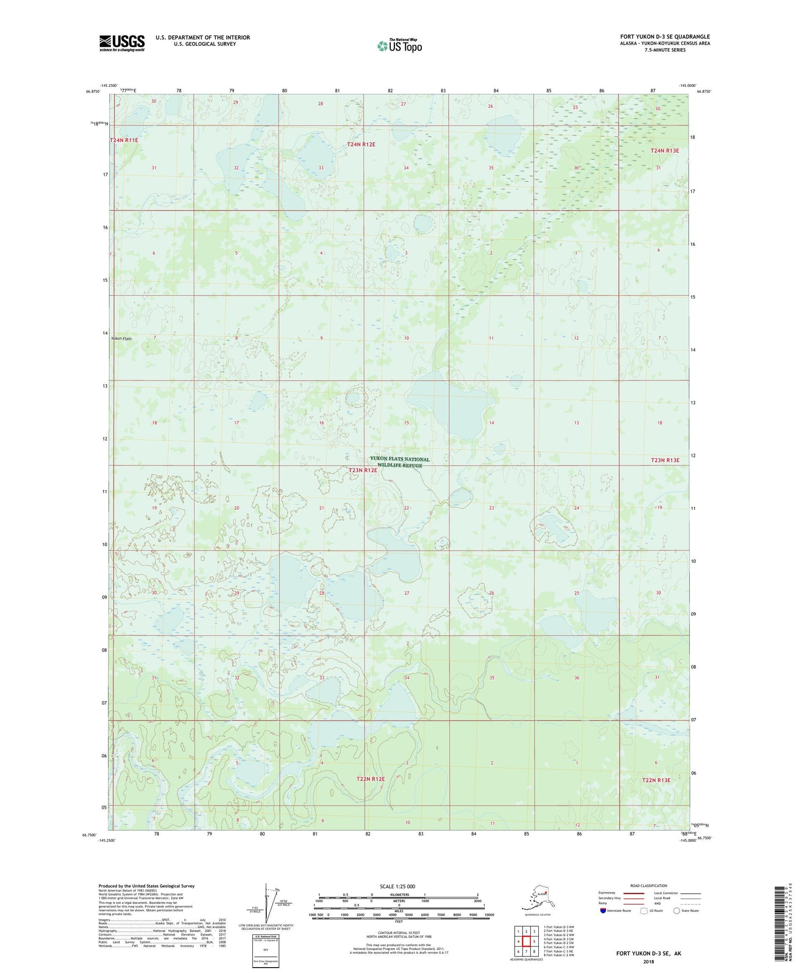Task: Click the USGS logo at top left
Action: pos(122,43)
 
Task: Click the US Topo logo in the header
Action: pos(399,46)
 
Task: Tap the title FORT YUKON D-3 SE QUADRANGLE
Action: pos(664,36)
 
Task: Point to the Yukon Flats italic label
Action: pos(121,339)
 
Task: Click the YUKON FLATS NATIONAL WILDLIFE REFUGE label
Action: pos(400,462)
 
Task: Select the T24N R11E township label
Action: pos(124,140)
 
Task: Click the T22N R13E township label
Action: pos(656,780)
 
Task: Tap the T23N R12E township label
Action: pos(363,470)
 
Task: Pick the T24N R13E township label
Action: pos(664,151)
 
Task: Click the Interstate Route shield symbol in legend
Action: pos(603,910)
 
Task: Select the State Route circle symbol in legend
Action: pos(677,910)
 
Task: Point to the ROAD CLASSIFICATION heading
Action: pos(649,886)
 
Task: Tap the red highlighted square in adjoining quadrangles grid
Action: pos(526,941)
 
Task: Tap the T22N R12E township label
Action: pos(371,779)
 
